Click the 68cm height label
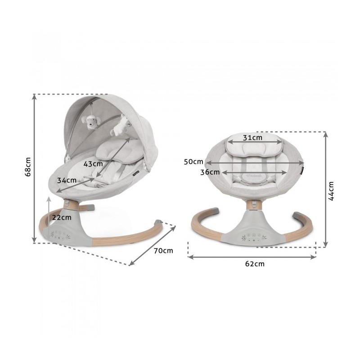click(x=28, y=167)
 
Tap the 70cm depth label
click(x=163, y=251)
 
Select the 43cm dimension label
click(x=93, y=164)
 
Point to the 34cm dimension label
click(x=67, y=180)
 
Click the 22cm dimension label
click(x=62, y=217)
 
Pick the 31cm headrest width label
click(x=252, y=138)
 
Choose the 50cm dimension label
click(x=193, y=162)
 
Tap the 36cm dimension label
click(x=210, y=172)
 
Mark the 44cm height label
click(x=331, y=191)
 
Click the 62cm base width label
click(x=255, y=264)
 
